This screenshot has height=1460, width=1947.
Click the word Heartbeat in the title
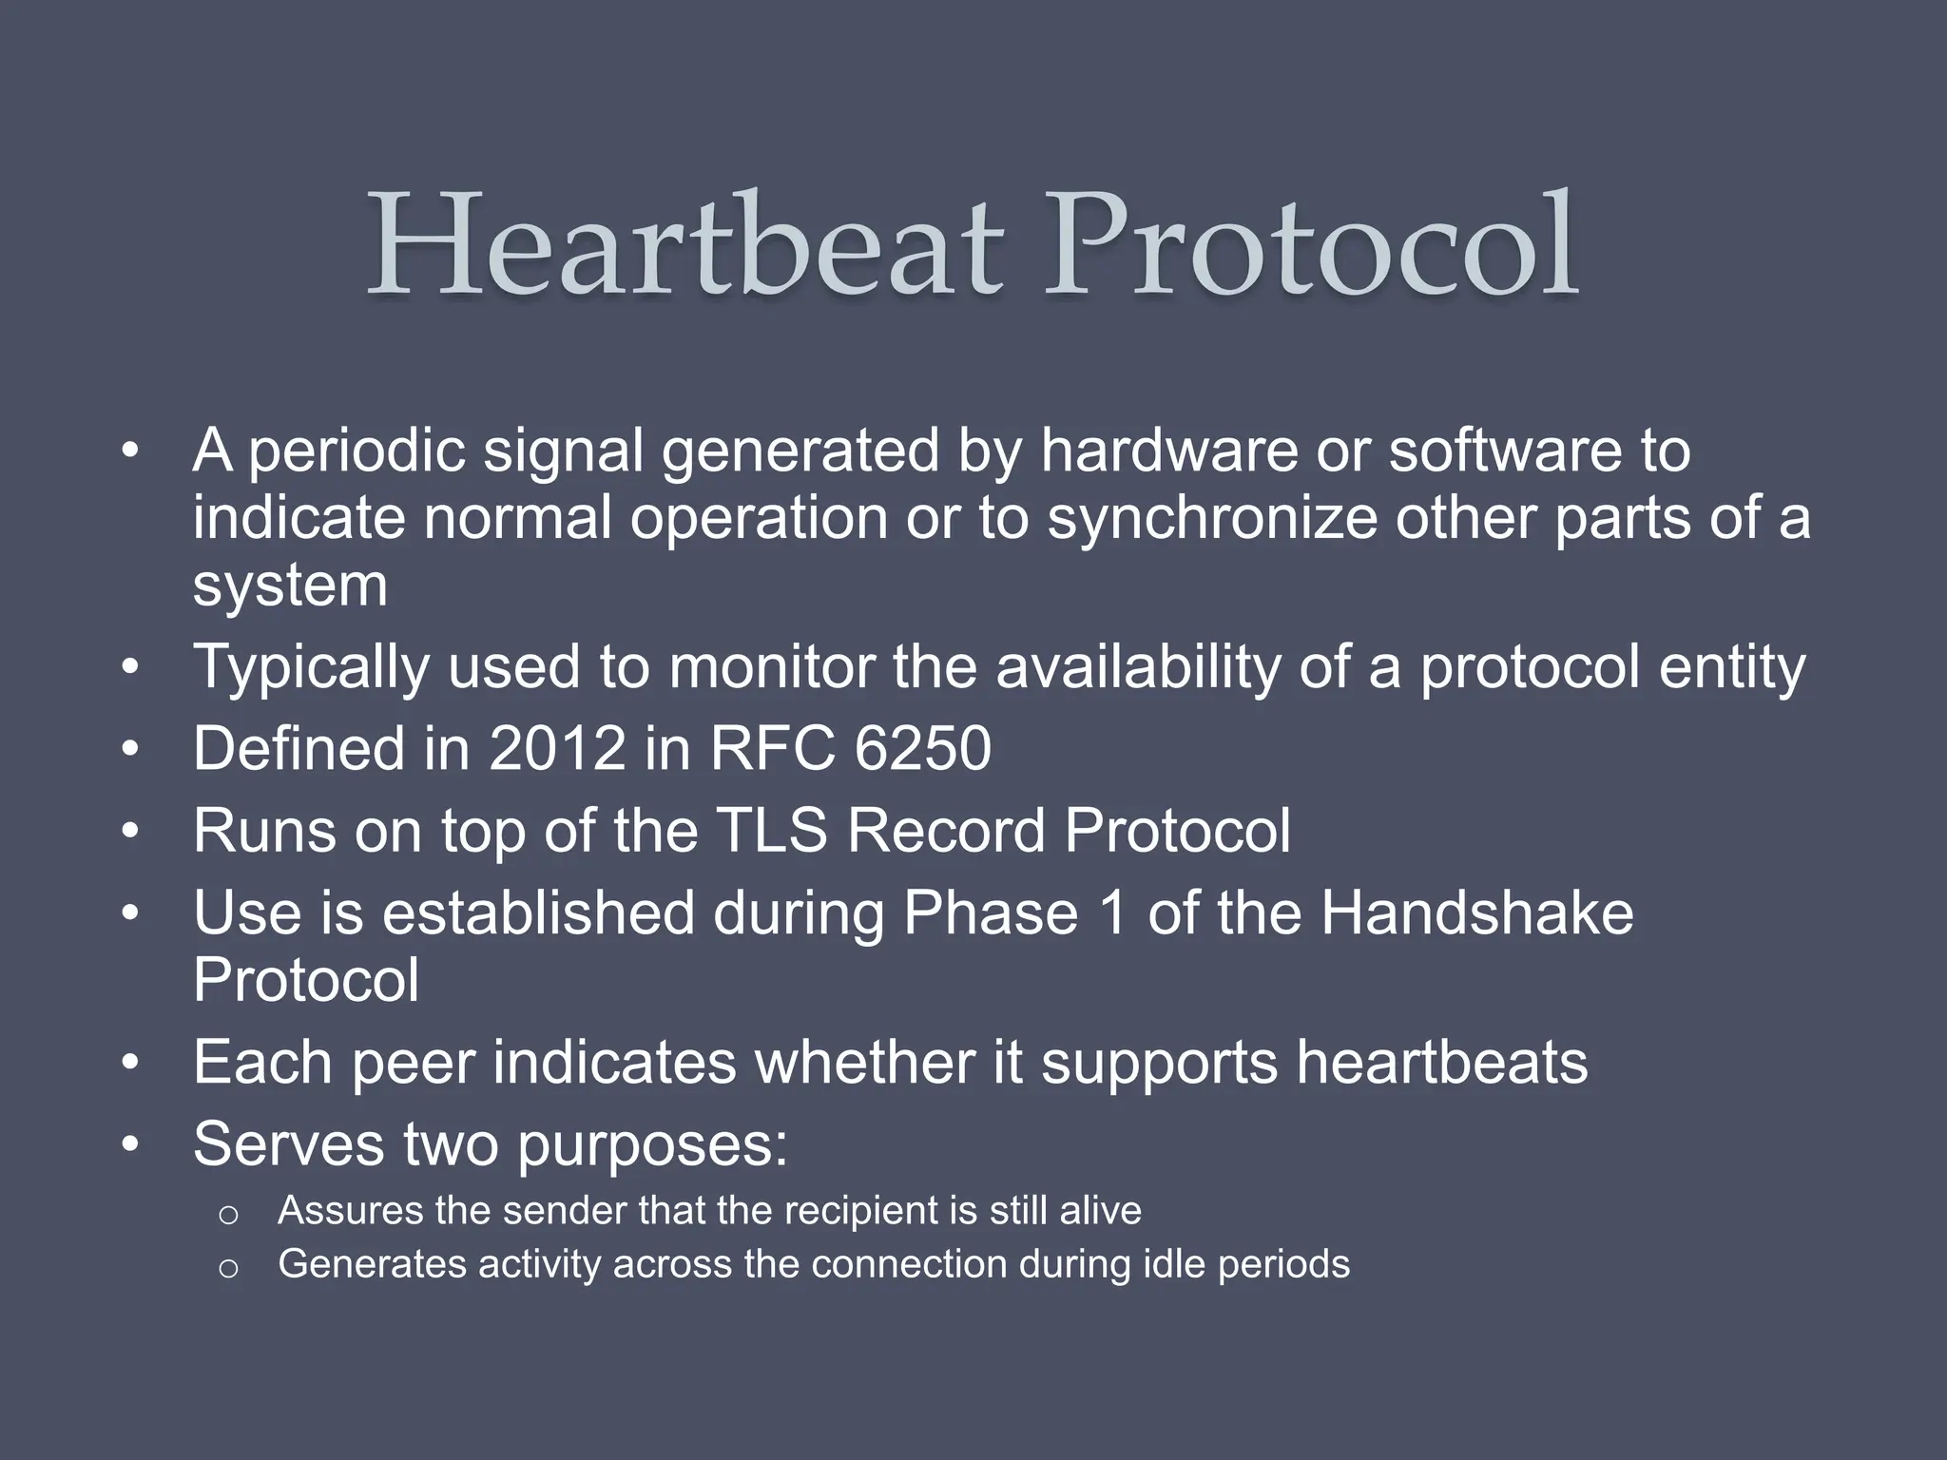[684, 245]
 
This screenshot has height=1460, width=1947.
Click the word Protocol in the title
[1312, 245]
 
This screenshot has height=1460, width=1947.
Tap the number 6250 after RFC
[922, 748]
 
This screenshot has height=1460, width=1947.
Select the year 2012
[557, 748]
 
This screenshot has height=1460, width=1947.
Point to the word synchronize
[1211, 518]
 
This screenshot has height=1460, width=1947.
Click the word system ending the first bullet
[290, 586]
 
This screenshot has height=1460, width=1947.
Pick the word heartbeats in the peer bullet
[1442, 1062]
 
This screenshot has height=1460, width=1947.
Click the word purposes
[652, 1144]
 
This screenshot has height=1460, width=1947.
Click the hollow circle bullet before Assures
[227, 1215]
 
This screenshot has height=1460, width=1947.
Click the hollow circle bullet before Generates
[227, 1268]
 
